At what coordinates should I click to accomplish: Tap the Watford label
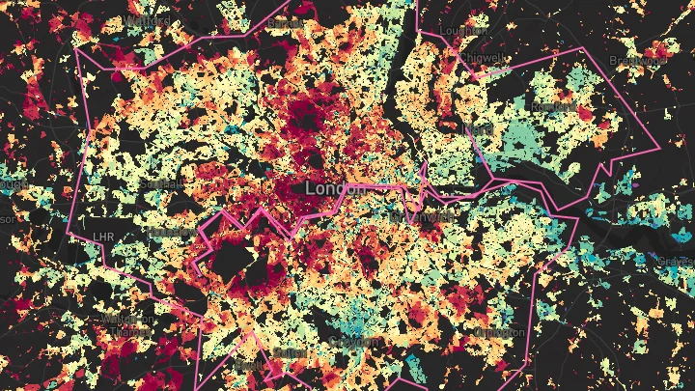(147, 19)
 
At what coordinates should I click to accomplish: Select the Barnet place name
(285, 22)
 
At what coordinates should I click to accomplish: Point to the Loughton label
(464, 31)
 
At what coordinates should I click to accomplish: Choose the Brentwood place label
(639, 60)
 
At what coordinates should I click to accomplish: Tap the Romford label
(552, 106)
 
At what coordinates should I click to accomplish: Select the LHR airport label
(103, 237)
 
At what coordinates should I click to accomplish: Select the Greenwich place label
(422, 217)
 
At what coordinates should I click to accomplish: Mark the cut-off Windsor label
(8, 218)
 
